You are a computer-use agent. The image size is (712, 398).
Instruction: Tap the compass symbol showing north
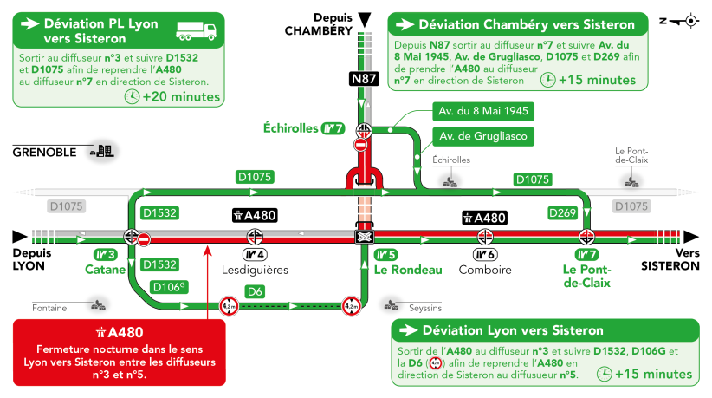[689, 19]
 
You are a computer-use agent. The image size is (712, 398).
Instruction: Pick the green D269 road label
[562, 212]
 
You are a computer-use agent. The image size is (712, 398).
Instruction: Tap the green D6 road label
[254, 291]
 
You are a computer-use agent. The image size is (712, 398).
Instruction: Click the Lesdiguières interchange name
[255, 270]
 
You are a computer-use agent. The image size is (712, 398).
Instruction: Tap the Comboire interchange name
[483, 270]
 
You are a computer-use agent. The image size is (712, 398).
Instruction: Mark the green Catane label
[105, 270]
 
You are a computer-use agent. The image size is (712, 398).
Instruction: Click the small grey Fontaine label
[49, 308]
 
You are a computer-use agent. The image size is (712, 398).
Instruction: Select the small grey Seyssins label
[424, 308]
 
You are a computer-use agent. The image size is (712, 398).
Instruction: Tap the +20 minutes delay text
[182, 96]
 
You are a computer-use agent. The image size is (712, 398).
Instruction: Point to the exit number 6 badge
[483, 254]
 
